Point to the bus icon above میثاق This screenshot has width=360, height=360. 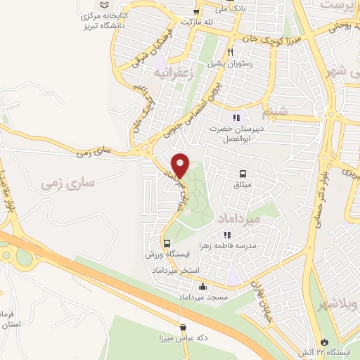[x=243, y=173]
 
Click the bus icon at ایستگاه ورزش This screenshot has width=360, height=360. [x=167, y=243]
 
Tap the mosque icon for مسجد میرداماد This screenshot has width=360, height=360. [x=203, y=287]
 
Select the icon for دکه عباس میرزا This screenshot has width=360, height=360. [x=184, y=327]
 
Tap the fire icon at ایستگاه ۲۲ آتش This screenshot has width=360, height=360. [x=324, y=342]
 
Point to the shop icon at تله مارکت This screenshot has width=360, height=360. [x=197, y=11]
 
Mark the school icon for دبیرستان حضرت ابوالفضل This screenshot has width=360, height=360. [x=237, y=117]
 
